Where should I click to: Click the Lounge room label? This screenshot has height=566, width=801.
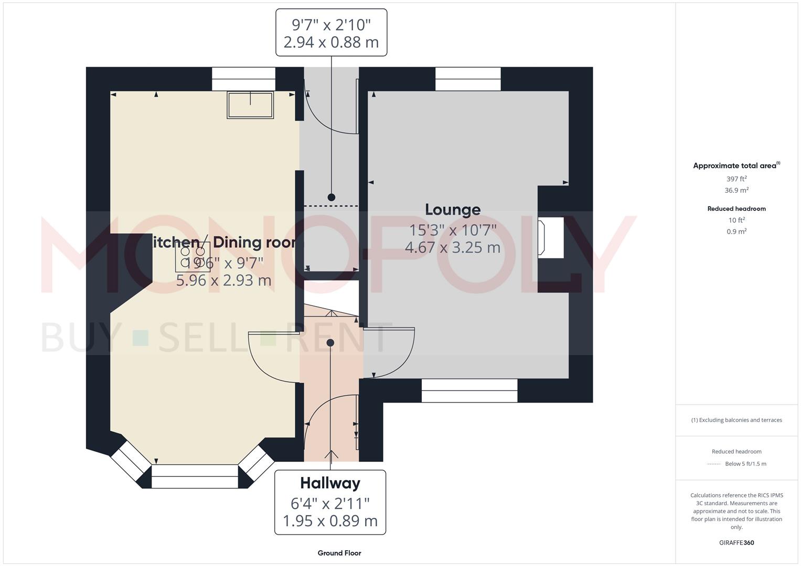coord(452,210)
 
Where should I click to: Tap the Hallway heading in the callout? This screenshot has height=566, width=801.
coord(330,483)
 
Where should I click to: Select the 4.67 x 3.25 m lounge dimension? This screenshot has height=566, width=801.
coord(452,247)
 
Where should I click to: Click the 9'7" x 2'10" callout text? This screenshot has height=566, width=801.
coord(331,25)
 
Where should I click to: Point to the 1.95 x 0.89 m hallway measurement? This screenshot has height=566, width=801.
coord(330,521)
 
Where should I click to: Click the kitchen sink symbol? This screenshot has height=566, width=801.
coord(250,105)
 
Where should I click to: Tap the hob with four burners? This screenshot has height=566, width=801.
coord(193,257)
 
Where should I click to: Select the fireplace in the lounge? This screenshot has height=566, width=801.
coord(550,237)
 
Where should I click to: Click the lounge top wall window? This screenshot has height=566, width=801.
coord(468,79)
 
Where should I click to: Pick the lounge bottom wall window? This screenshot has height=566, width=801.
coord(469,391)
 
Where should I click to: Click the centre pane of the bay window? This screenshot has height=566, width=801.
coord(195,476)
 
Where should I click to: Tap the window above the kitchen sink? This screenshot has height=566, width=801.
coord(243,79)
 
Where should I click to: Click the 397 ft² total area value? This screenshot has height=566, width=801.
coord(736,179)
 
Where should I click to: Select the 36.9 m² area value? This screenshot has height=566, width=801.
coord(736,190)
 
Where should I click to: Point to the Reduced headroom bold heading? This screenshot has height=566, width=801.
coord(736,209)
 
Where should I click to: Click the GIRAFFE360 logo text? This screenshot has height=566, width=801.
coord(736,542)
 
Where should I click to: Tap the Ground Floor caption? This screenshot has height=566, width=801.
coord(339,553)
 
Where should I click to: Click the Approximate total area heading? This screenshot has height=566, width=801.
coord(735,166)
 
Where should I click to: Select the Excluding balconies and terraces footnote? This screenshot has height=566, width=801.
coord(736,420)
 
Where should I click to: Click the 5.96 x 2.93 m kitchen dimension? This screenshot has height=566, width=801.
coord(223,280)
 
